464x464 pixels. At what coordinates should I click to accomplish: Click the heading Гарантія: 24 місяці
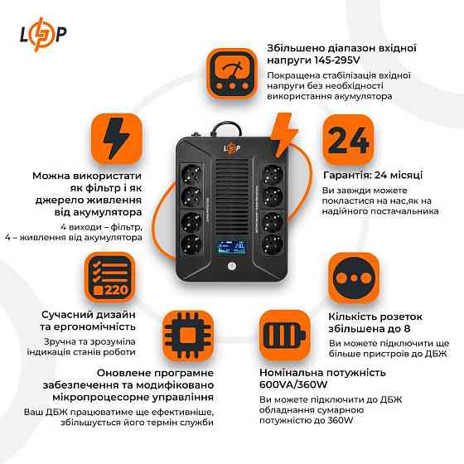click(373, 176)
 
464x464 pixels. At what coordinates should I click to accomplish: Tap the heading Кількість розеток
click(376, 317)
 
